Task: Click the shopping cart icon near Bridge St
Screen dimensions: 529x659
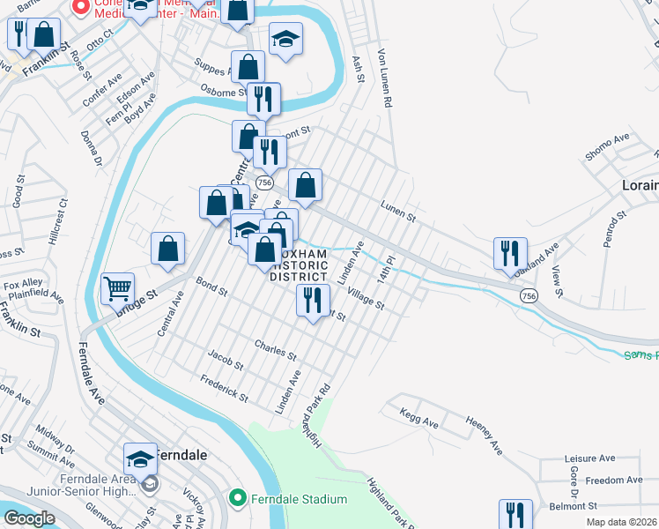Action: coord(117,287)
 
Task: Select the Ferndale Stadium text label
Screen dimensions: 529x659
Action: coord(297,500)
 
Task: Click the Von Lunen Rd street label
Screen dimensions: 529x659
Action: coord(385,78)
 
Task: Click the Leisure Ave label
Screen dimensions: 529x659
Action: coord(589,458)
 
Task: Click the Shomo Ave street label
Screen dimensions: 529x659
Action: coord(608,148)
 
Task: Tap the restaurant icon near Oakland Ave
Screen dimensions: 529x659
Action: coord(510,253)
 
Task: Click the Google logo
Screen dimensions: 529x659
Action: coord(28,518)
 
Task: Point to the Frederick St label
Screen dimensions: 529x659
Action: coord(224,389)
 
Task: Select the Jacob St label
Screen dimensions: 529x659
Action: coord(226,359)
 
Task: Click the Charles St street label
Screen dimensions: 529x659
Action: coord(275,349)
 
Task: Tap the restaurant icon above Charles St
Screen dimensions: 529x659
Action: coord(311,302)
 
